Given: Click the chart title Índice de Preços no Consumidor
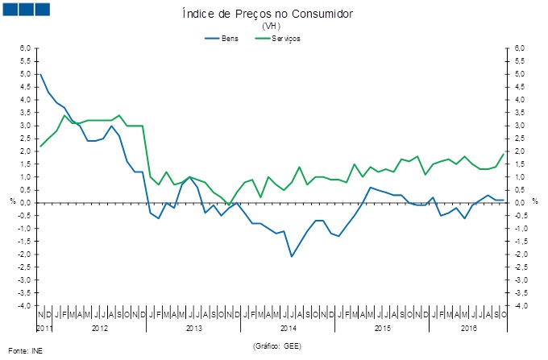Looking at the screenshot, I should pyautogui.click(x=274, y=14).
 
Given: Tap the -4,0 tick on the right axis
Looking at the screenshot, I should pyautogui.click(x=521, y=306).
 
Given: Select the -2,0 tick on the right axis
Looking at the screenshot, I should pyautogui.click(x=521, y=254).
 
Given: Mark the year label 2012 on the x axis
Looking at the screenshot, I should pyautogui.click(x=99, y=329).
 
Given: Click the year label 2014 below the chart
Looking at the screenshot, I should pyautogui.click(x=289, y=329).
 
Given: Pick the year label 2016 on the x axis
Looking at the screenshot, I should pyautogui.click(x=468, y=329).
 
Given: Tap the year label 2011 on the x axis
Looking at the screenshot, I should pyautogui.click(x=44, y=329).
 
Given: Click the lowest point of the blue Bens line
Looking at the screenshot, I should pyautogui.click(x=292, y=257).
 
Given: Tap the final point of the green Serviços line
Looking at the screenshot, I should pyautogui.click(x=504, y=154).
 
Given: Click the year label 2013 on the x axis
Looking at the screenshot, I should pyautogui.click(x=193, y=329).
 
